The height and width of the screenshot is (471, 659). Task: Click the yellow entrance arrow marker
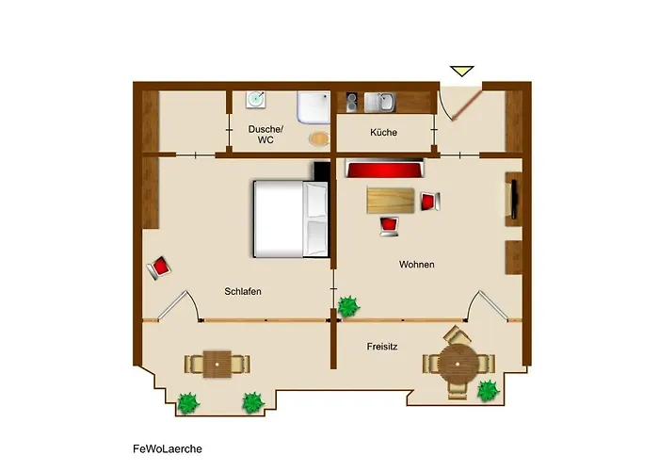(461, 72)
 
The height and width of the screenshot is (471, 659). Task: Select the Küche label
(383, 133)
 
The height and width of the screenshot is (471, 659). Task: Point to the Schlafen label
(243, 292)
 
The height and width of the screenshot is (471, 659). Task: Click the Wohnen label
(416, 265)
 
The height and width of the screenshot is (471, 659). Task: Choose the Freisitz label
(381, 347)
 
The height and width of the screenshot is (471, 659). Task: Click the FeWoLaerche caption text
(168, 449)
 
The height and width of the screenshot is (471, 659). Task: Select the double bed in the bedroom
(290, 219)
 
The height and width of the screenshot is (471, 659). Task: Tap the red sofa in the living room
(384, 171)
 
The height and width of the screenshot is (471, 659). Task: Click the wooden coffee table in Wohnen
(390, 200)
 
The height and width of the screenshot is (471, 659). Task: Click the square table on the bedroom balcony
(217, 363)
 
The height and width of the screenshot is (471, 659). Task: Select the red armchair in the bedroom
(160, 268)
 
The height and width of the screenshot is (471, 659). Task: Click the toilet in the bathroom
(320, 138)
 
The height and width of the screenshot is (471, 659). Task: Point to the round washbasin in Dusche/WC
(255, 99)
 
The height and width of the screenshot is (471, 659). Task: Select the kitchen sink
(383, 102)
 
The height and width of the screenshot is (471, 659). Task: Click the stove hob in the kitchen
(352, 102)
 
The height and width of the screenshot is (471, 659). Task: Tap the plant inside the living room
(349, 305)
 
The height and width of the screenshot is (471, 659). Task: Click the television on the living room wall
(514, 198)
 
